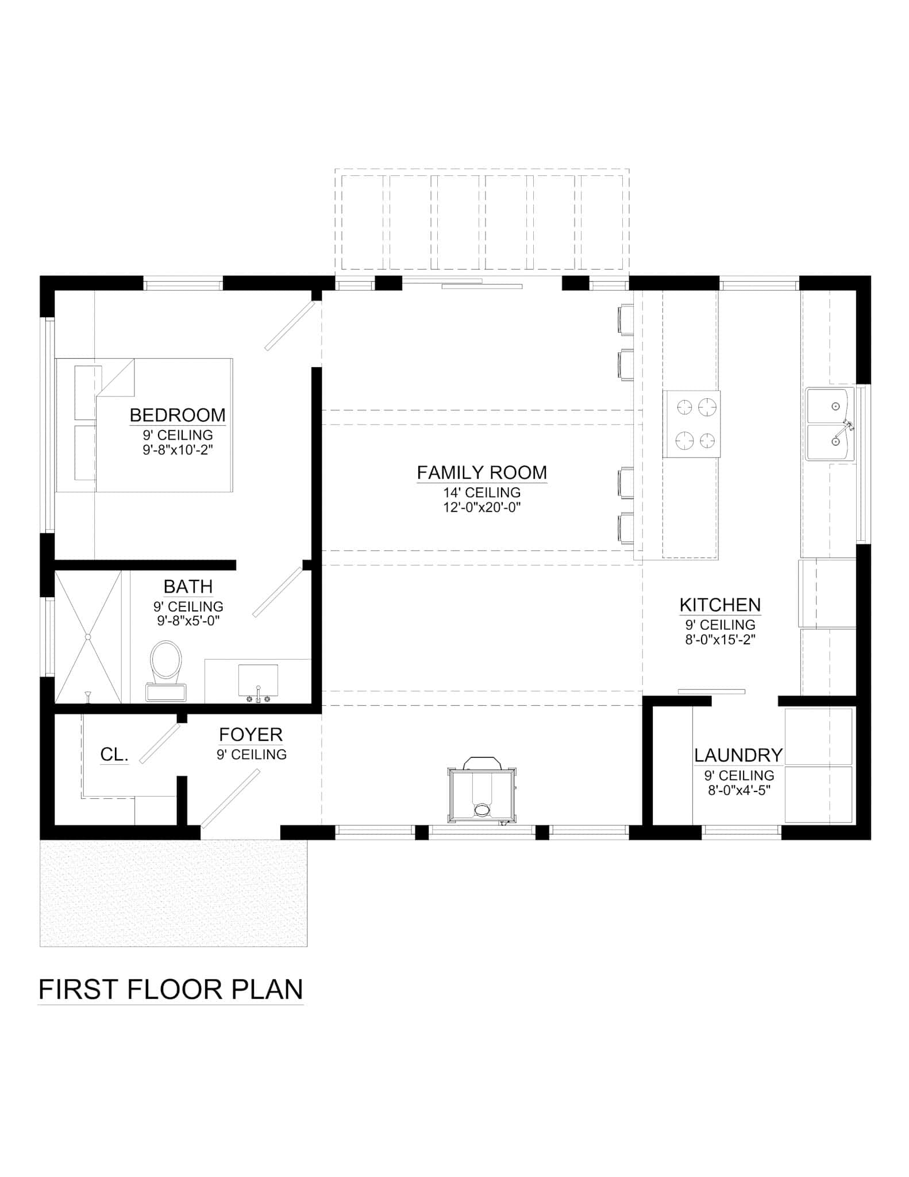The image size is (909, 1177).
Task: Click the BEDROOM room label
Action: tap(178, 415)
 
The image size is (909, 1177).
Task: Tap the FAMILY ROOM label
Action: tap(482, 472)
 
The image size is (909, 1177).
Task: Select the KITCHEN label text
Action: tap(720, 605)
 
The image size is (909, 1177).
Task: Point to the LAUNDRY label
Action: tap(738, 755)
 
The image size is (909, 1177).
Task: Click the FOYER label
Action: tap(251, 734)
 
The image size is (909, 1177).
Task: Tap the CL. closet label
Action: tap(114, 755)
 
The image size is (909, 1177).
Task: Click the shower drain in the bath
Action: tap(88, 637)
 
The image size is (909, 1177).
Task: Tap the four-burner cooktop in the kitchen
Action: tap(691, 424)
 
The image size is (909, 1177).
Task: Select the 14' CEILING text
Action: tap(482, 493)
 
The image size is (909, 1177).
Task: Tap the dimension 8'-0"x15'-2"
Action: tap(720, 640)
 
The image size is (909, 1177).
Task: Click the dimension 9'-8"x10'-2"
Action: tap(178, 450)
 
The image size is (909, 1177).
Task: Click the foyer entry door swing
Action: tap(230, 799)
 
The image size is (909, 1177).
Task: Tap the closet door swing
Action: tap(160, 743)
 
